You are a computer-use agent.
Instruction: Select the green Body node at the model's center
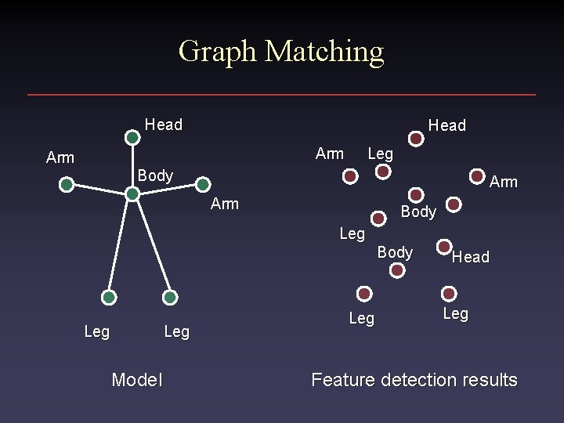[133, 193]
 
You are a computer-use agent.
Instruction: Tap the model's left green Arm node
[67, 185]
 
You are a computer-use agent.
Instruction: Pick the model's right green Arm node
[202, 185]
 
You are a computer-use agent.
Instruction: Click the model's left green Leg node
[109, 298]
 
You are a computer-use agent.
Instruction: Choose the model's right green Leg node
[170, 298]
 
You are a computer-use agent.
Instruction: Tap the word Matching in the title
[324, 52]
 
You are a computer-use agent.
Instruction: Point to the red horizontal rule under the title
[282, 95]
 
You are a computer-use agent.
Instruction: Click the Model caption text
[137, 380]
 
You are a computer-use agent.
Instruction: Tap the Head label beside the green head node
[164, 125]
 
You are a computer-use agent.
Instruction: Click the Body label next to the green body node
[155, 175]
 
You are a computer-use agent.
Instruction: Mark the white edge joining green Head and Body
[133, 166]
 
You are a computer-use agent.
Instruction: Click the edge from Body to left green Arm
[99, 189]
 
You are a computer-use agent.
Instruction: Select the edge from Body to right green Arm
[168, 189]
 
